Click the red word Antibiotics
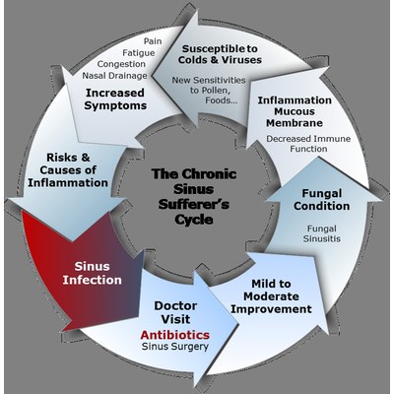175,335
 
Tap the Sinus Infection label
93,273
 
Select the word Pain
153,41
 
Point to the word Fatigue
139,53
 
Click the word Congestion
121,64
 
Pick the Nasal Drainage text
114,76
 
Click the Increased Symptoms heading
115,99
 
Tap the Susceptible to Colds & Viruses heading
220,54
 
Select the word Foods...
221,100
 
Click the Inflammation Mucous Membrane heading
295,111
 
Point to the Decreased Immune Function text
308,144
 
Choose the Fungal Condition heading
322,200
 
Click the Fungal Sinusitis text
322,233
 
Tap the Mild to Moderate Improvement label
271,296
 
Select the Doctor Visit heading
175,312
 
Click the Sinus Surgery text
175,347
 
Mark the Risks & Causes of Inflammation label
68,170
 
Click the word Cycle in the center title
194,220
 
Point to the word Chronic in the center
209,174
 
